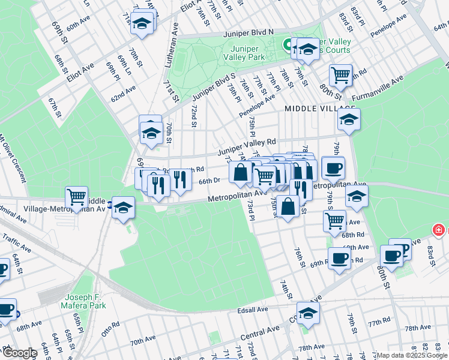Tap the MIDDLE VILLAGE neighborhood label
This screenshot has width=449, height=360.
pos(312,108)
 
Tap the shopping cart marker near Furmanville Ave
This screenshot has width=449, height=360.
pos(340,76)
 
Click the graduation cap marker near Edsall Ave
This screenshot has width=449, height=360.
pos(308,313)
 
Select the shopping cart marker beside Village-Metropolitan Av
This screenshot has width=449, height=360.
pos(77,196)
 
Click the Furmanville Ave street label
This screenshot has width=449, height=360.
pos(376,89)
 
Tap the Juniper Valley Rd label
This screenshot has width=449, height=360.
pos(246,146)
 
